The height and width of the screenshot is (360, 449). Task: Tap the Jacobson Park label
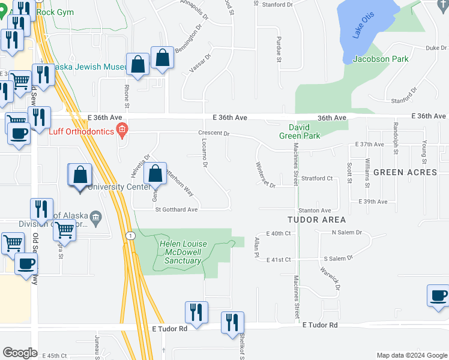pyautogui.click(x=381, y=59)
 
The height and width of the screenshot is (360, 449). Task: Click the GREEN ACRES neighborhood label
pyautogui.click(x=405, y=172)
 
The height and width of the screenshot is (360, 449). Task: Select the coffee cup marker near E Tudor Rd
pyautogui.click(x=438, y=296)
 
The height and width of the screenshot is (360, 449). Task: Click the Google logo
pyautogui.click(x=20, y=353)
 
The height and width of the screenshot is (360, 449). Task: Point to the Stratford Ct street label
pyautogui.click(x=317, y=178)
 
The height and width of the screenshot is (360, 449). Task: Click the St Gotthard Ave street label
pyautogui.click(x=176, y=210)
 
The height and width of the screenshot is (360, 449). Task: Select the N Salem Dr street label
pyautogui.click(x=347, y=232)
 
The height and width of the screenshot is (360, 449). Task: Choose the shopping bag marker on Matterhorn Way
pyautogui.click(x=156, y=174)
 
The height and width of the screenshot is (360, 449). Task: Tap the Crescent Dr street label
pyautogui.click(x=214, y=133)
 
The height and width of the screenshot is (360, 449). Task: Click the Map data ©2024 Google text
pyautogui.click(x=411, y=355)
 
